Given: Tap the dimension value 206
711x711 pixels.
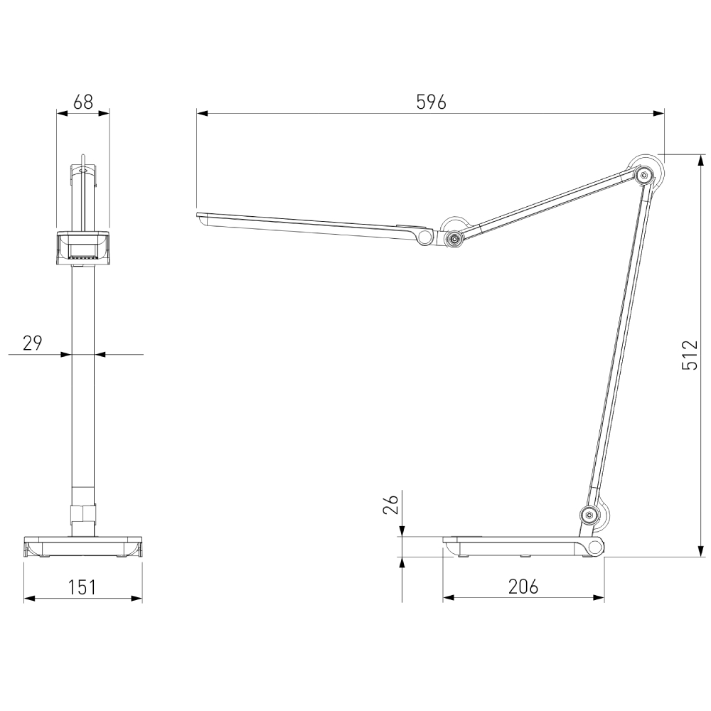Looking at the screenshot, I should [x=523, y=587].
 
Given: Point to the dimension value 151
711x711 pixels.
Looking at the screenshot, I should [x=82, y=587].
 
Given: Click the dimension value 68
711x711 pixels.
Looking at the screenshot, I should [x=83, y=102].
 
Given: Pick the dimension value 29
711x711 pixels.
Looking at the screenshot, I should [x=33, y=343].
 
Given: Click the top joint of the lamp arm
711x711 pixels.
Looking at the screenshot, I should [x=644, y=174].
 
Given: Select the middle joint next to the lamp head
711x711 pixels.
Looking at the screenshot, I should [x=451, y=239].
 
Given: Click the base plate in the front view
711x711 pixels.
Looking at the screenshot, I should [x=82, y=547].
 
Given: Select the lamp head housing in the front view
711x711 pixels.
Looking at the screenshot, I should [x=82, y=247].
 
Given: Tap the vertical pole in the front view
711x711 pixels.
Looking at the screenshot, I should [x=82, y=377].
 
